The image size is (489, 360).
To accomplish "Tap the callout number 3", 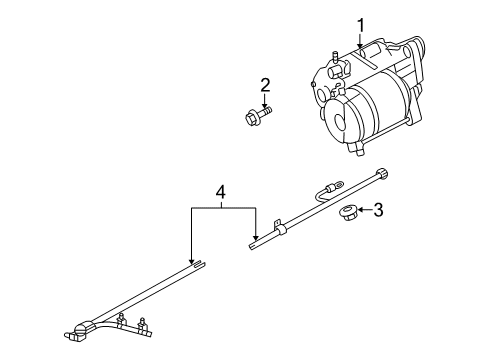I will click(x=378, y=209).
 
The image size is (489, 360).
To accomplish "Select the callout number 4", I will click(x=222, y=189).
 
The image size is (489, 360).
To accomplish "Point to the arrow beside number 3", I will click(x=364, y=210).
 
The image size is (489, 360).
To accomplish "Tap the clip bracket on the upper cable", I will click(x=282, y=232).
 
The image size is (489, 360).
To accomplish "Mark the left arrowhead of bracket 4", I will click(x=191, y=259).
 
